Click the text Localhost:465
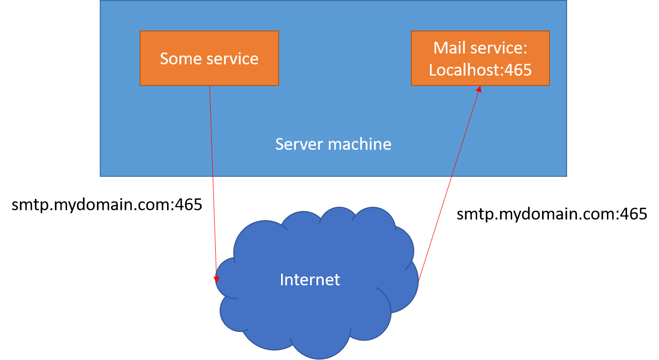coord(480,70)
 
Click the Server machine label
coord(333,144)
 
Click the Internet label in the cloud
coord(310,279)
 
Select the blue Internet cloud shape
coord(315,314)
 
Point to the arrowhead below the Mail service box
coord(478,89)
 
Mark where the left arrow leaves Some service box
coord(210,86)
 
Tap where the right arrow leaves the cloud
coord(418,281)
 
